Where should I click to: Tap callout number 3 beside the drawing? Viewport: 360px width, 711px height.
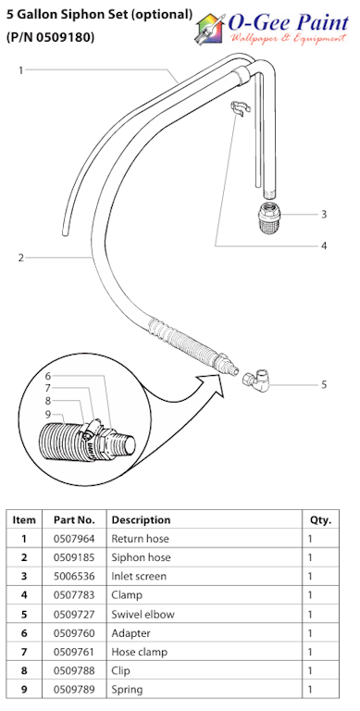tap(324, 214)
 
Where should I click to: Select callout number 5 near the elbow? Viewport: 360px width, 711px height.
tap(324, 384)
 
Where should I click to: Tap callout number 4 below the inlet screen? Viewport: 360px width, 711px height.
tap(324, 245)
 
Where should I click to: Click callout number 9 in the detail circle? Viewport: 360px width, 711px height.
tap(48, 414)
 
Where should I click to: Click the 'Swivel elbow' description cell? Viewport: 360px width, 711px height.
tap(143, 614)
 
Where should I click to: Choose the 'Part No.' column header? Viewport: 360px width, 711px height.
tap(74, 520)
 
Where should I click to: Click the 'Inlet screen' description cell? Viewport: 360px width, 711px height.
tap(140, 577)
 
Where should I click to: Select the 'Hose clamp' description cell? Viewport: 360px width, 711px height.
tap(139, 652)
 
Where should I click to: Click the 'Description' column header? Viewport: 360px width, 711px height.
tap(141, 520)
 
